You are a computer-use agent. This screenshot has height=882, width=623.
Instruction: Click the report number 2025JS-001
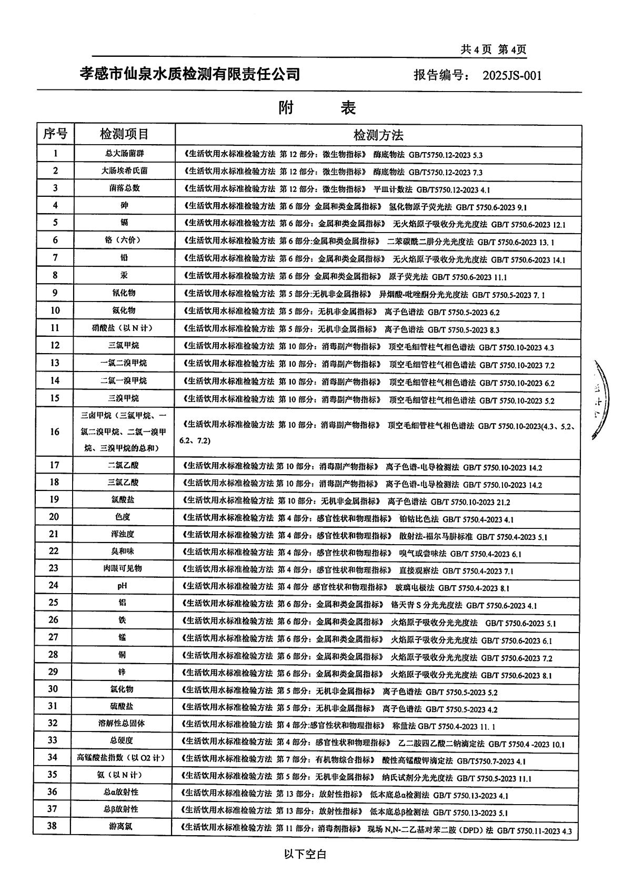511,75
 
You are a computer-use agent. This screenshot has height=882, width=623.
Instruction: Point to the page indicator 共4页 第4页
493,49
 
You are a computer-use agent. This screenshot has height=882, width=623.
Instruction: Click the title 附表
317,108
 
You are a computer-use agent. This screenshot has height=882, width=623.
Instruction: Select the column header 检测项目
124,134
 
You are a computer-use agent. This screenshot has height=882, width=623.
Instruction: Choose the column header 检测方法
378,135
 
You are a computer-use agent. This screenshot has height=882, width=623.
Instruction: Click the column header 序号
55,134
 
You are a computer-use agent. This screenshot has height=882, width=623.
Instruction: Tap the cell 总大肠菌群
124,154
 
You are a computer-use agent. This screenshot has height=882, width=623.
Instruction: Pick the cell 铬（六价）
124,240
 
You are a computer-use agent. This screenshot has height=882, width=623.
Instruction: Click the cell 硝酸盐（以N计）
124,328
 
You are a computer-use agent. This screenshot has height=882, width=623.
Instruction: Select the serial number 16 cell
55,432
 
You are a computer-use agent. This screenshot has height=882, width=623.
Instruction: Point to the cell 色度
124,517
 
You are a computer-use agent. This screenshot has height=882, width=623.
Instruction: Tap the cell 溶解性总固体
124,723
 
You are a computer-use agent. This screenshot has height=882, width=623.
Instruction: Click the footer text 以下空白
305,854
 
